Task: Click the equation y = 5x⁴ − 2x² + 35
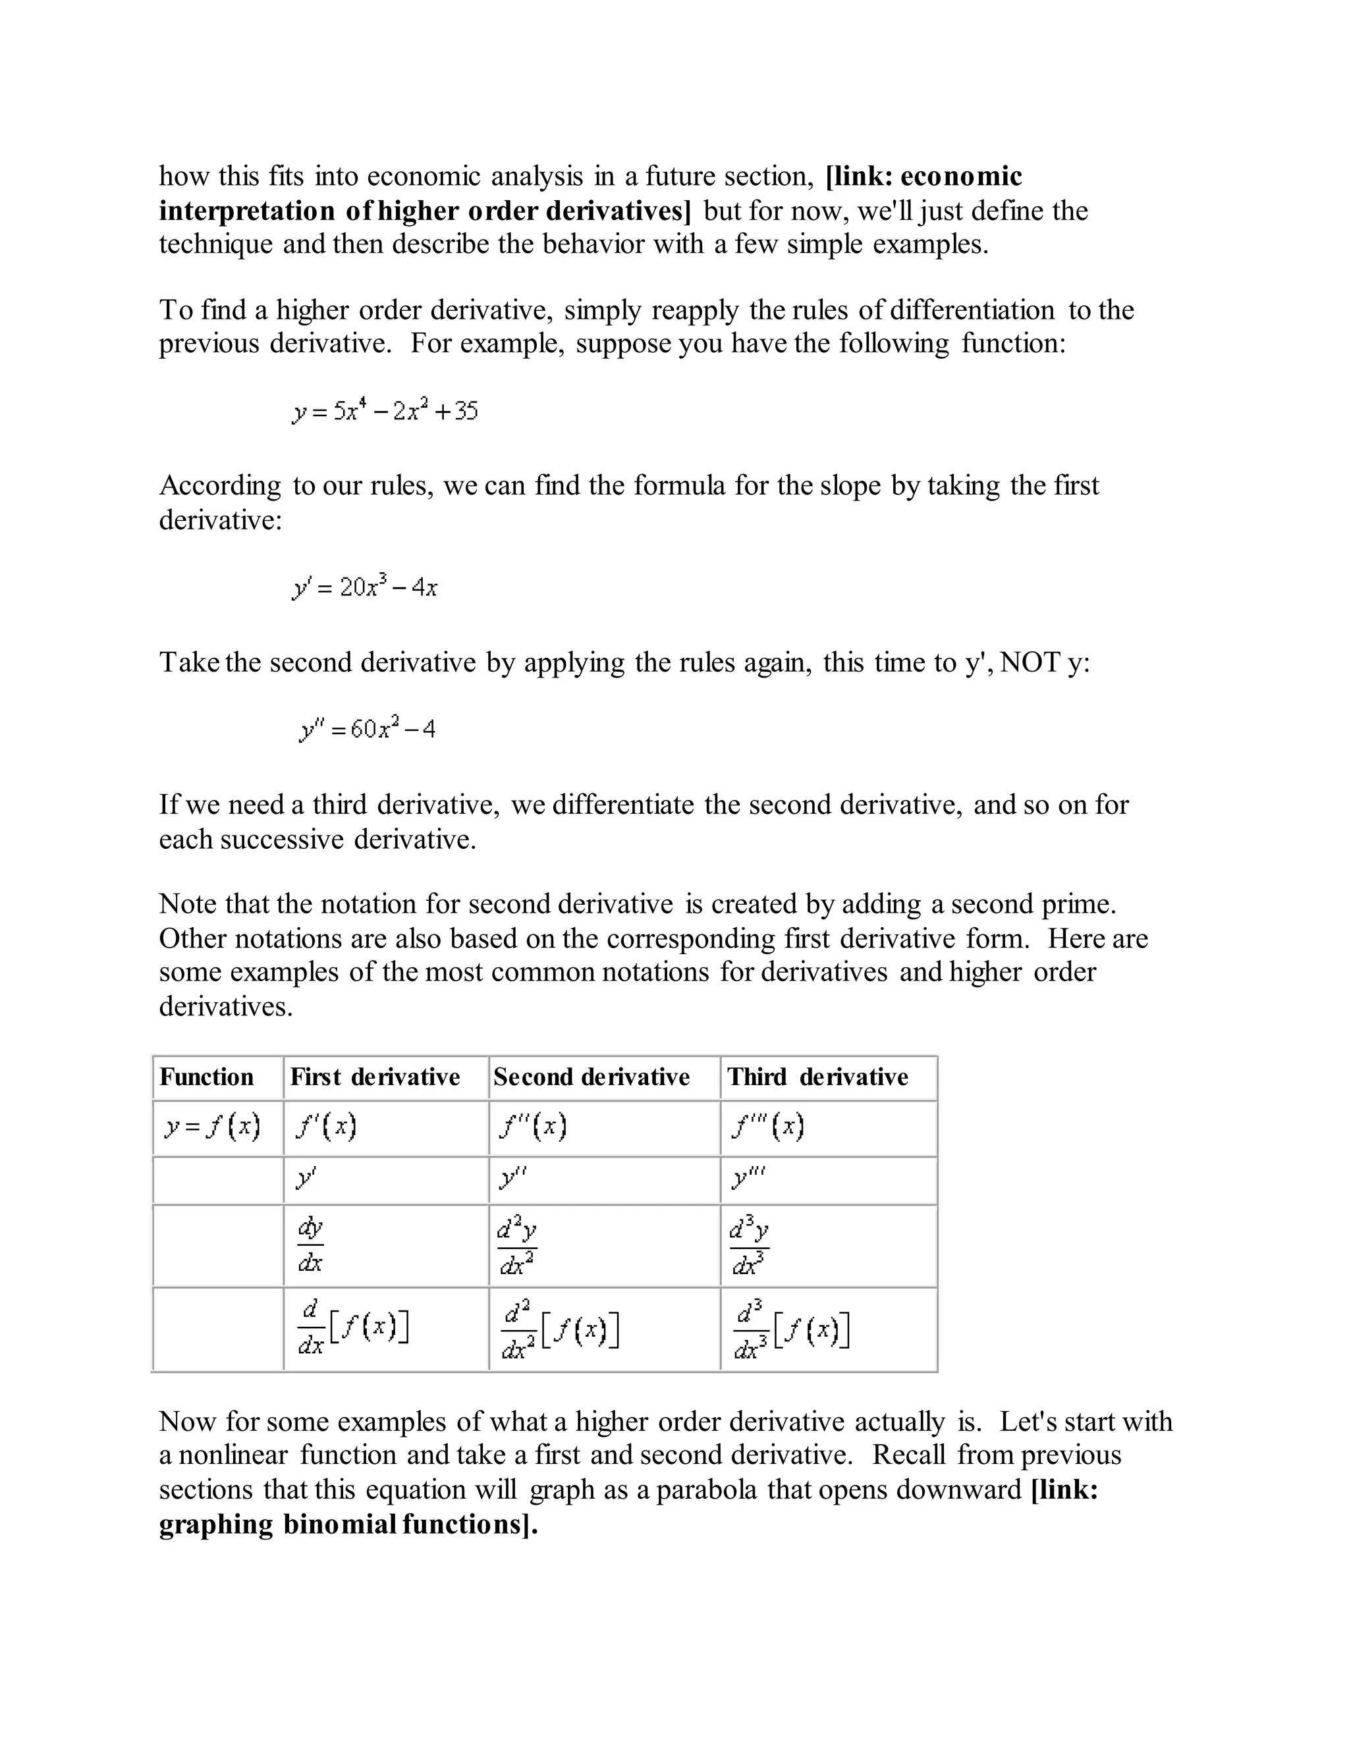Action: point(385,412)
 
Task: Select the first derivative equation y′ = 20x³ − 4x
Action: point(365,587)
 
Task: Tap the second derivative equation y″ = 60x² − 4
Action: point(368,729)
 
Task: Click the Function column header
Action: point(206,1077)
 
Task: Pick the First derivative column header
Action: point(375,1077)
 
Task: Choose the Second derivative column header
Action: point(592,1077)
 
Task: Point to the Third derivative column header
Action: point(817,1077)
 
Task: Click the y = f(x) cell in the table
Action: point(213,1127)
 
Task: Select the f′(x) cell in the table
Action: point(325,1127)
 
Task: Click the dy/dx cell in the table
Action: point(310,1245)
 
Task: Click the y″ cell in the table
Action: point(512,1179)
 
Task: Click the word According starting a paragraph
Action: point(220,486)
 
